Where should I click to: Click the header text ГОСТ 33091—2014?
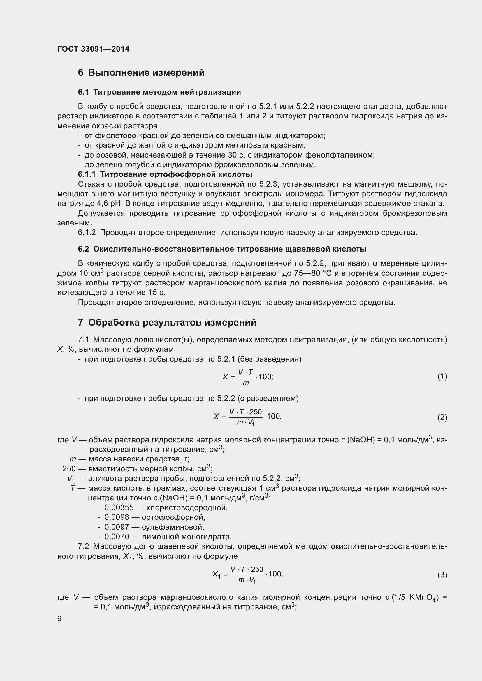(x=93, y=49)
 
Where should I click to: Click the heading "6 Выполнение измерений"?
(x=141, y=73)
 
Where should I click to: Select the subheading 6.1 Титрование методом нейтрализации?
(x=159, y=92)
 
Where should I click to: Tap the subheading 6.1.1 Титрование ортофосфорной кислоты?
(x=165, y=174)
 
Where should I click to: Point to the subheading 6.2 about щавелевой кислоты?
(x=222, y=249)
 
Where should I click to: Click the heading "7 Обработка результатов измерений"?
(x=167, y=322)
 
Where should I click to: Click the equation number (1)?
(x=442, y=376)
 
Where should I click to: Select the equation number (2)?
(x=442, y=417)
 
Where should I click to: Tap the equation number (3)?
(x=442, y=575)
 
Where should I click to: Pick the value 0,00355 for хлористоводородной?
(x=119, y=507)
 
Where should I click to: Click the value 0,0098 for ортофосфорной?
(x=117, y=517)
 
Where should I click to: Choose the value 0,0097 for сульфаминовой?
(x=117, y=527)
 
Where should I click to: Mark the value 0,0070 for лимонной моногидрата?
(x=117, y=537)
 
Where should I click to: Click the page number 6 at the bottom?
(x=59, y=618)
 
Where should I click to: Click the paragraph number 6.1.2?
(x=87, y=233)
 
